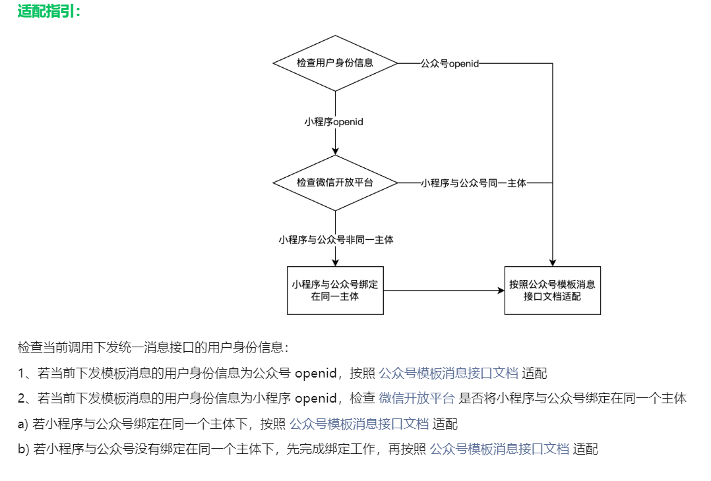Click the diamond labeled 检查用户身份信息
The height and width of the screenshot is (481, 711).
point(335,63)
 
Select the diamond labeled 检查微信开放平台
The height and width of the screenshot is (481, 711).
point(335,183)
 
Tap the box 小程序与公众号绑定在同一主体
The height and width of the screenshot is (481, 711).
point(335,291)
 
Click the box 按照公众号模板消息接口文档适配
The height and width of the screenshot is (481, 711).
point(552,291)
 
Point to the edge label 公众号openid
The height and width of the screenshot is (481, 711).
point(450,63)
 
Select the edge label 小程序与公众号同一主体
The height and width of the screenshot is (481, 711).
point(474,183)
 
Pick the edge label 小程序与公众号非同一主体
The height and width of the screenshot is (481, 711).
point(336,240)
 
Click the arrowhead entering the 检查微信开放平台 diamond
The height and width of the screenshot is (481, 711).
point(336,151)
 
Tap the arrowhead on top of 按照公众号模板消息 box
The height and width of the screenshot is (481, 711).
point(552,262)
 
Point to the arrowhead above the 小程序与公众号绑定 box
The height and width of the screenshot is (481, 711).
point(336,262)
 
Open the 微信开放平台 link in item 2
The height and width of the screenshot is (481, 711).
point(416,398)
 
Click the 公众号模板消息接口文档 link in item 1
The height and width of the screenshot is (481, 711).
point(448,373)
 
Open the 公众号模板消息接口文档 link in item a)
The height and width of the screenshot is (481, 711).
point(359,424)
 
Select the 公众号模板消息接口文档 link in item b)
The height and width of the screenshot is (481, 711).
point(499,449)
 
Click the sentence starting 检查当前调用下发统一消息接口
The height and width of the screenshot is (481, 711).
point(153,347)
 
